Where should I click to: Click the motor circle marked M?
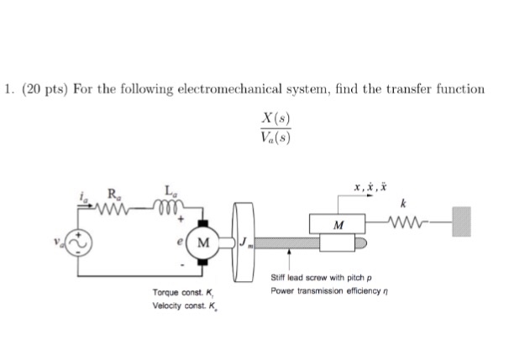tap(202, 243)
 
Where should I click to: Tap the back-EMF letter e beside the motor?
tap(181, 242)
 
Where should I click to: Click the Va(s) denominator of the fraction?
tap(276, 138)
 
